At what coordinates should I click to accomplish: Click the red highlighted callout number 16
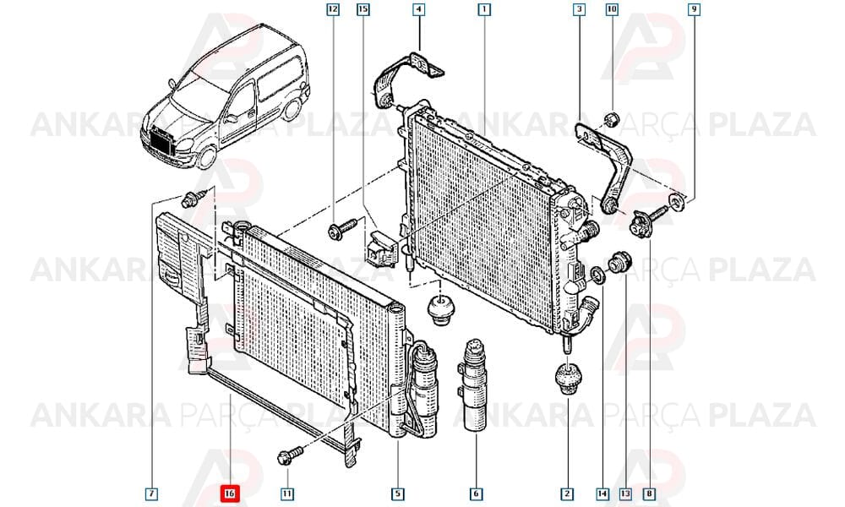[230, 493]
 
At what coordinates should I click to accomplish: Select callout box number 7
[151, 493]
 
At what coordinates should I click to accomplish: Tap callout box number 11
[287, 493]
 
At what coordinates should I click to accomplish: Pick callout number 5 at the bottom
[397, 493]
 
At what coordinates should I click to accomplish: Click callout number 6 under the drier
[476, 493]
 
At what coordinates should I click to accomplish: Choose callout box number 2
[566, 493]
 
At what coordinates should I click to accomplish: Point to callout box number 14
[602, 493]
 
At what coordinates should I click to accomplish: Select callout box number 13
[625, 493]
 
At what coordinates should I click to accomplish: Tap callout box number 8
[650, 493]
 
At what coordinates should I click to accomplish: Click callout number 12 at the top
[333, 9]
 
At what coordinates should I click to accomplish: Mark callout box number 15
[363, 9]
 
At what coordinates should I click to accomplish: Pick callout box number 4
[419, 9]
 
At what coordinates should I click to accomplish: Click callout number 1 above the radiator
[484, 9]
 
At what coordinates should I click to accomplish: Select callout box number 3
[580, 9]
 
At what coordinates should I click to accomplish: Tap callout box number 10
[612, 9]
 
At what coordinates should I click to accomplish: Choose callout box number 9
[694, 9]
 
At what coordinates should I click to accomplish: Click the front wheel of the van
[205, 156]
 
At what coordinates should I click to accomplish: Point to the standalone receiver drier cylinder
[475, 384]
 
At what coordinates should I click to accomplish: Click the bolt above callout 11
[289, 455]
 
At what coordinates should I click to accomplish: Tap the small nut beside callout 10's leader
[611, 118]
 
